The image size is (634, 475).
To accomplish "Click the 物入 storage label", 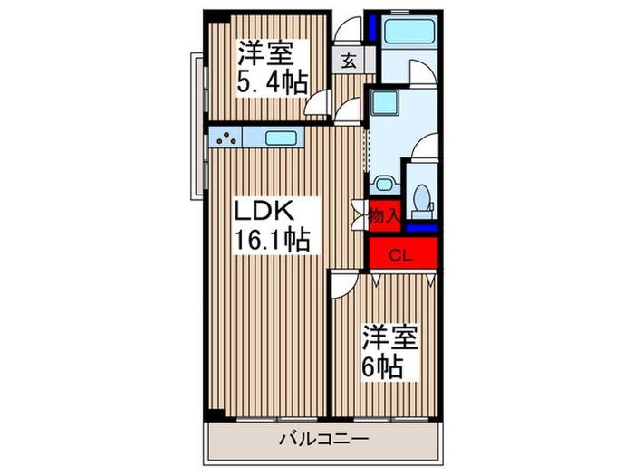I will pos(383,215).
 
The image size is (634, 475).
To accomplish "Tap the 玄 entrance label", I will pos(348,62).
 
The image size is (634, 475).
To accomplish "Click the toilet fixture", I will pos(419,198).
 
